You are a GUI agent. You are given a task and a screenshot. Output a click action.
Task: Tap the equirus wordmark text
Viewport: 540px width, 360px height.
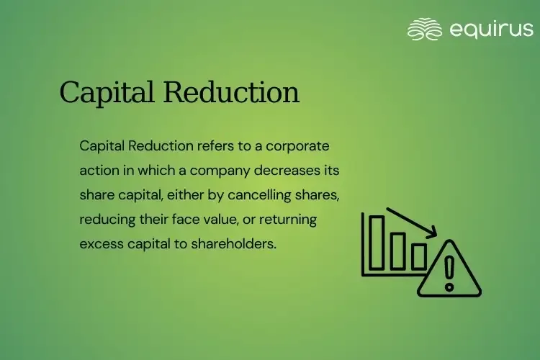point(491,29)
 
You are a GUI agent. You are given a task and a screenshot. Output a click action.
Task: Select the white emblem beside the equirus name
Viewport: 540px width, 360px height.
point(424,29)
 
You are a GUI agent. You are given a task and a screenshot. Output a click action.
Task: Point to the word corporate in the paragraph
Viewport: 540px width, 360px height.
point(297,146)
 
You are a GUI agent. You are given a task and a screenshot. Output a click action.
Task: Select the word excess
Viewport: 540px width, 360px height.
point(100,244)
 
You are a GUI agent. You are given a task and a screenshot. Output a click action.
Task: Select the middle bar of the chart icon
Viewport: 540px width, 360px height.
point(398,250)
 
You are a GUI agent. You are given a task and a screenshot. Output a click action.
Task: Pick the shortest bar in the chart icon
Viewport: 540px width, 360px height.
point(418,256)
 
